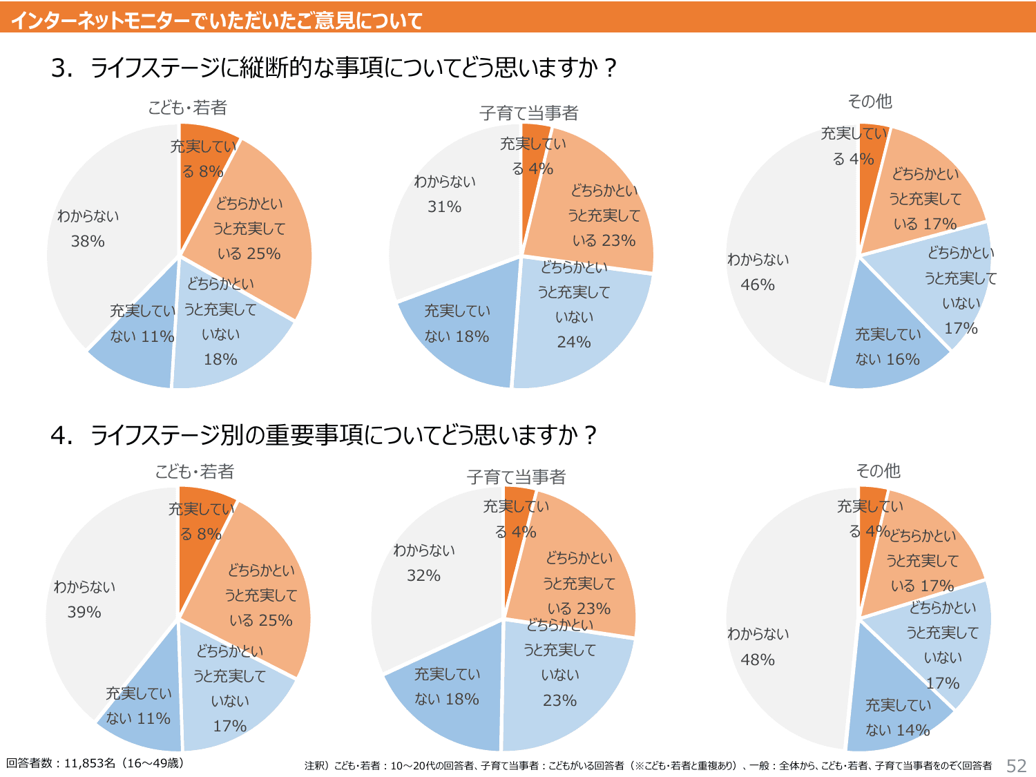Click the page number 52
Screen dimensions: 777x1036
1016,765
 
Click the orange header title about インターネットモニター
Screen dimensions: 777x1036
217,20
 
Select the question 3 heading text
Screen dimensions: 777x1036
334,68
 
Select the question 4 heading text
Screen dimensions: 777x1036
323,435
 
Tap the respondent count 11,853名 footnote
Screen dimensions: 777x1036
95,763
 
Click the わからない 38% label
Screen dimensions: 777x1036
88,229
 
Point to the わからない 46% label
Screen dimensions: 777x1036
758,272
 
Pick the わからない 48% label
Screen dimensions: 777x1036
758,646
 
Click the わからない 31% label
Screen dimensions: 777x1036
444,194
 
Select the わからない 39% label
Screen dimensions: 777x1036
84,599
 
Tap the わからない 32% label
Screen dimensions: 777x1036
423,563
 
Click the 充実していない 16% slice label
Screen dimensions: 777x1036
888,347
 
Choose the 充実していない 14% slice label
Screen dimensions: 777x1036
898,718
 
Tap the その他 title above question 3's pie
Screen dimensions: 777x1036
870,102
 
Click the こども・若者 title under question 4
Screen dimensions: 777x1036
195,472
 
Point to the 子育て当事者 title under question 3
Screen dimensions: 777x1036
528,113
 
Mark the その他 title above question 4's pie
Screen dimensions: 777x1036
878,471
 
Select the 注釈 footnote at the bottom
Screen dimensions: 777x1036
648,765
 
